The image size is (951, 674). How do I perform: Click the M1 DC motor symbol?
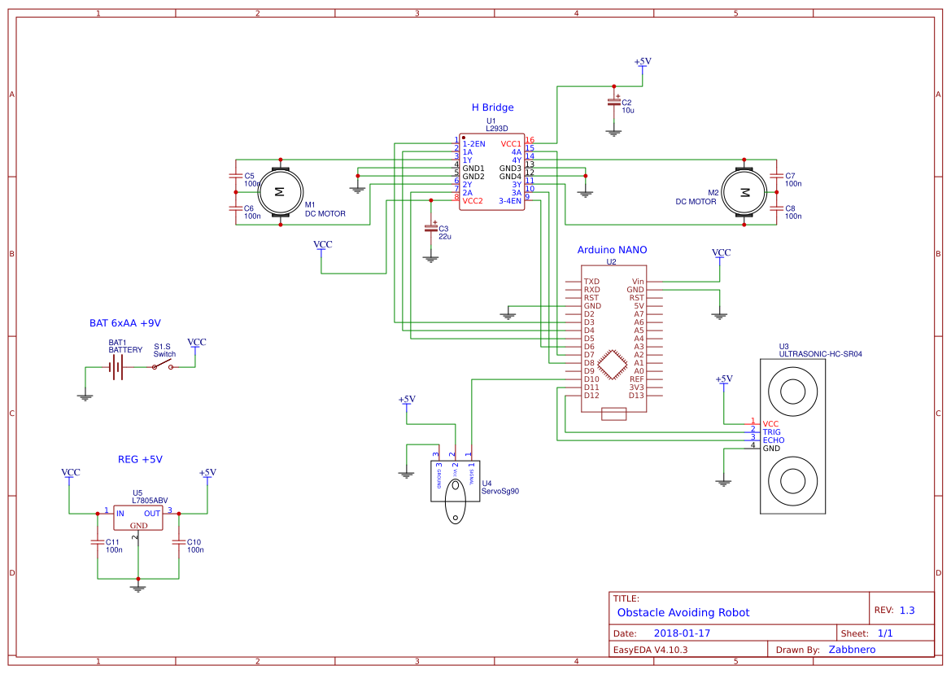coord(279,191)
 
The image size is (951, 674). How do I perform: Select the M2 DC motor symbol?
coord(744,192)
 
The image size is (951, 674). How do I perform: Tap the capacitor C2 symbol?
coord(614,103)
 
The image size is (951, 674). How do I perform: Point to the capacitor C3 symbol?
coord(431,229)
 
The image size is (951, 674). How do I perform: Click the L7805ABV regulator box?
coord(138,518)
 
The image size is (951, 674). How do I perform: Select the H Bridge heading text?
coord(492,107)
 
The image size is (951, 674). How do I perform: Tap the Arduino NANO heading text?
coord(612,250)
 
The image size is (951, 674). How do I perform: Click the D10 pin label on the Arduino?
coord(591,379)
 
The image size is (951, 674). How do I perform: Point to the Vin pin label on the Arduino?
coord(638,282)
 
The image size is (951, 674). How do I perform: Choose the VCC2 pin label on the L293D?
coord(473,201)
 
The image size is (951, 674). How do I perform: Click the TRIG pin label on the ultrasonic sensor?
coord(771,432)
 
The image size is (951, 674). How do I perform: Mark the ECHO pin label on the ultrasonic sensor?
coord(773,440)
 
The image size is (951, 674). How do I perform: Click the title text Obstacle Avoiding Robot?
coord(683,613)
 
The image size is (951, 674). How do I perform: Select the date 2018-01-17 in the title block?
coord(682,633)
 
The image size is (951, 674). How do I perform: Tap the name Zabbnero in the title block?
coord(852,650)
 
